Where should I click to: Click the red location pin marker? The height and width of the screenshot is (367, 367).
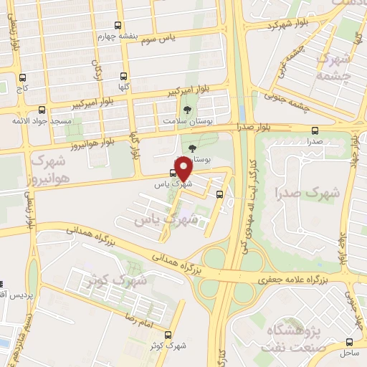click(x=183, y=169)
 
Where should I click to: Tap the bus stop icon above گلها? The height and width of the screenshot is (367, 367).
click(x=125, y=75)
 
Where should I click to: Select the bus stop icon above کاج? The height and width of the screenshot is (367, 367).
click(x=22, y=77)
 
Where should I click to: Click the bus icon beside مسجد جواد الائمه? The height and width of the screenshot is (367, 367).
click(x=42, y=110)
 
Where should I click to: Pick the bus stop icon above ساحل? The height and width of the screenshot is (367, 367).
click(x=350, y=342)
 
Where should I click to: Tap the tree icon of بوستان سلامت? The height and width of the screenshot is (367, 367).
click(x=188, y=110)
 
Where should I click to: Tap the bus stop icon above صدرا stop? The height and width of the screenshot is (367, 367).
click(x=315, y=130)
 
